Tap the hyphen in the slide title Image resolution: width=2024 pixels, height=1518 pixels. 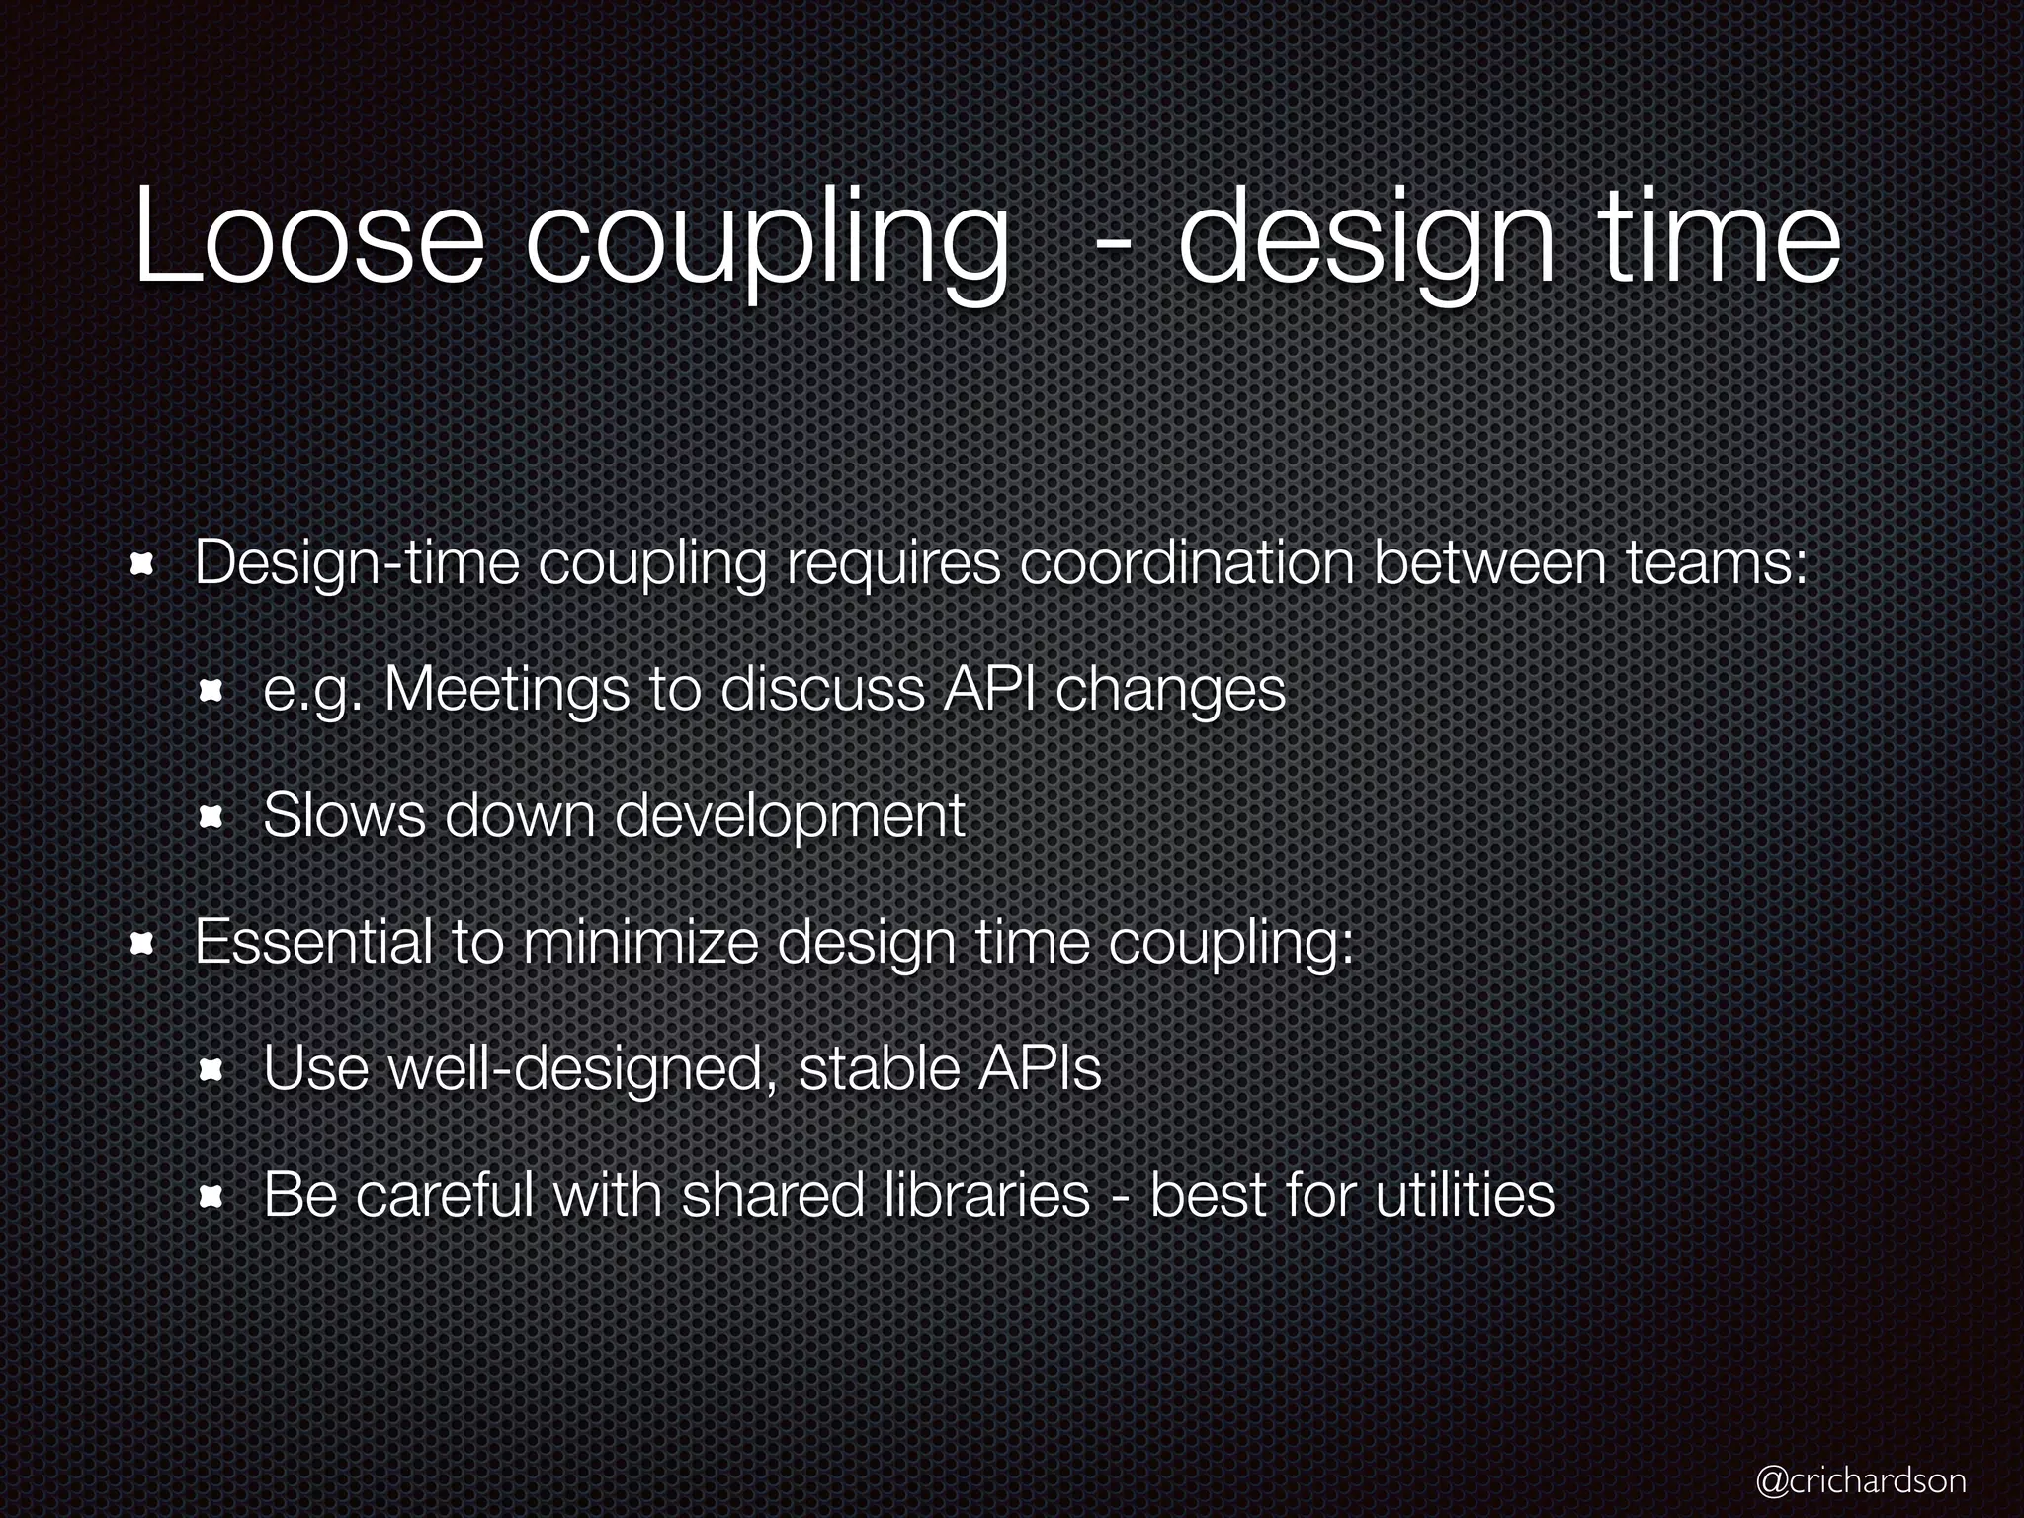1114,243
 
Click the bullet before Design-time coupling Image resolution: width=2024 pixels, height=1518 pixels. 144,564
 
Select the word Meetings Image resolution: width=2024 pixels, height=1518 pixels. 505,689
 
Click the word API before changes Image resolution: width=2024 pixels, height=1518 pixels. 991,689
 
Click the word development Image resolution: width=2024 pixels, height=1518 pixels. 789,817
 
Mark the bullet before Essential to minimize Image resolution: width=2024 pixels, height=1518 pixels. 144,944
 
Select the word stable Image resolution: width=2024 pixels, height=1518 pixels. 879,1067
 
